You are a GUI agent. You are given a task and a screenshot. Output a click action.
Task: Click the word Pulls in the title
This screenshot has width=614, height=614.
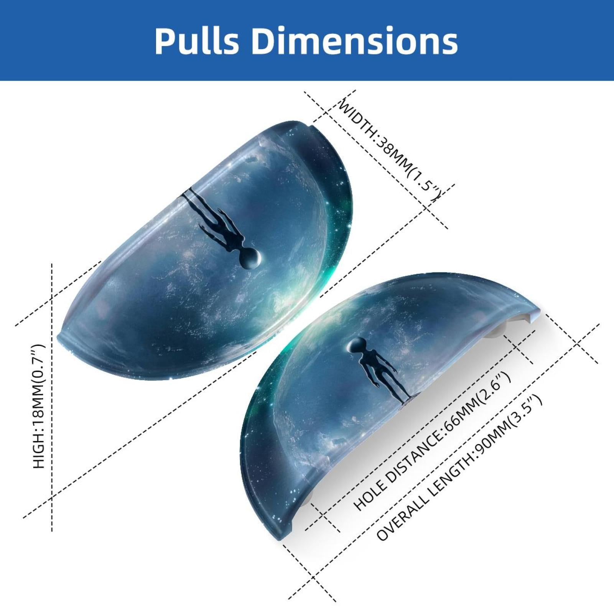[x=197, y=41]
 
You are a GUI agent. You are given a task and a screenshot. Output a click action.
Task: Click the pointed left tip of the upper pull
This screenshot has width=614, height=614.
[x=59, y=336]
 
